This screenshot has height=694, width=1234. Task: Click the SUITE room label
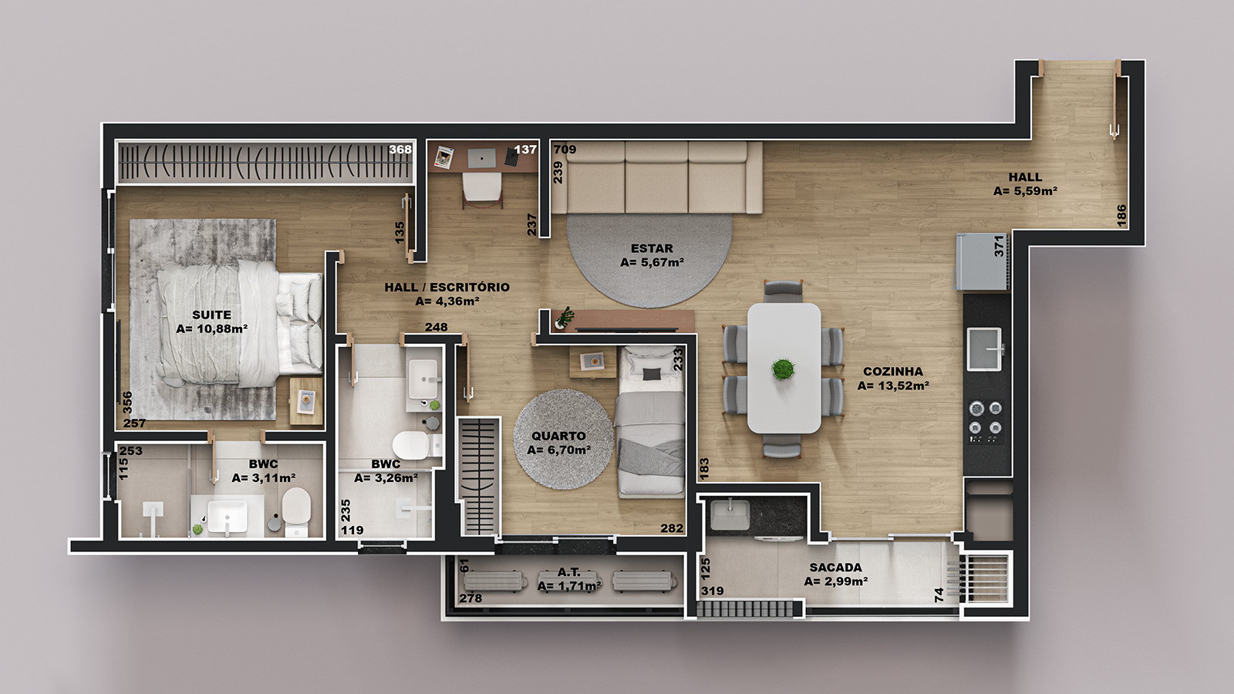(211, 315)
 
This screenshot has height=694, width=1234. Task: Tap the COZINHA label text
(893, 372)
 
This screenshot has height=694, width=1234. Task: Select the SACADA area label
(836, 568)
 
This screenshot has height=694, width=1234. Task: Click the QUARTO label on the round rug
(558, 436)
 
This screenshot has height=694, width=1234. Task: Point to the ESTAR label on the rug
(652, 248)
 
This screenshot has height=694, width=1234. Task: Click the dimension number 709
(565, 150)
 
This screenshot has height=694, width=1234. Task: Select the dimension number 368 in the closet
(400, 150)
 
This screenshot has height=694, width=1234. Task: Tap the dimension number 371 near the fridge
(1000, 246)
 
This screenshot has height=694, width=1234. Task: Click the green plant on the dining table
(784, 369)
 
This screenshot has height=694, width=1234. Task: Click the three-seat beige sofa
(656, 177)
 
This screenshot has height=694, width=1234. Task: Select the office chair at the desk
(482, 190)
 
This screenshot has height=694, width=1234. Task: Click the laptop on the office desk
(481, 157)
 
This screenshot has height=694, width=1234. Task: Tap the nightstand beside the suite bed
(306, 401)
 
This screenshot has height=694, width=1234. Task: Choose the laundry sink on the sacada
(730, 516)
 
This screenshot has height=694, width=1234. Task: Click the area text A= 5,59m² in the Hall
(1025, 191)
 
